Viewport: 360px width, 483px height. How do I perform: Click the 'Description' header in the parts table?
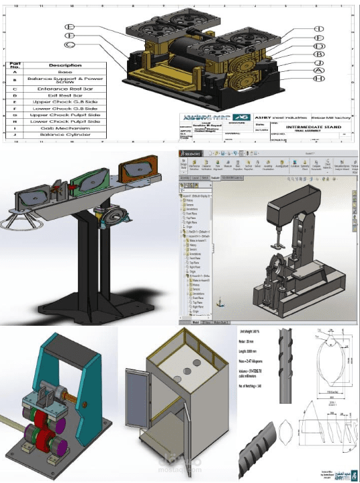point(64,65)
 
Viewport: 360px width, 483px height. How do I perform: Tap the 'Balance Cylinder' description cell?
point(64,135)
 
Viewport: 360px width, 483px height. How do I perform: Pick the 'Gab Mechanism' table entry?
point(64,128)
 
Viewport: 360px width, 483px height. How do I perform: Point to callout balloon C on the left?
point(69,45)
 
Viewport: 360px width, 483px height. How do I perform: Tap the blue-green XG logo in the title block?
point(224,116)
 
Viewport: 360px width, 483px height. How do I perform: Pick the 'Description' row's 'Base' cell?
point(64,73)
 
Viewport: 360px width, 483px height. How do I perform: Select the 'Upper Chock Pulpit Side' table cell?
point(64,115)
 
